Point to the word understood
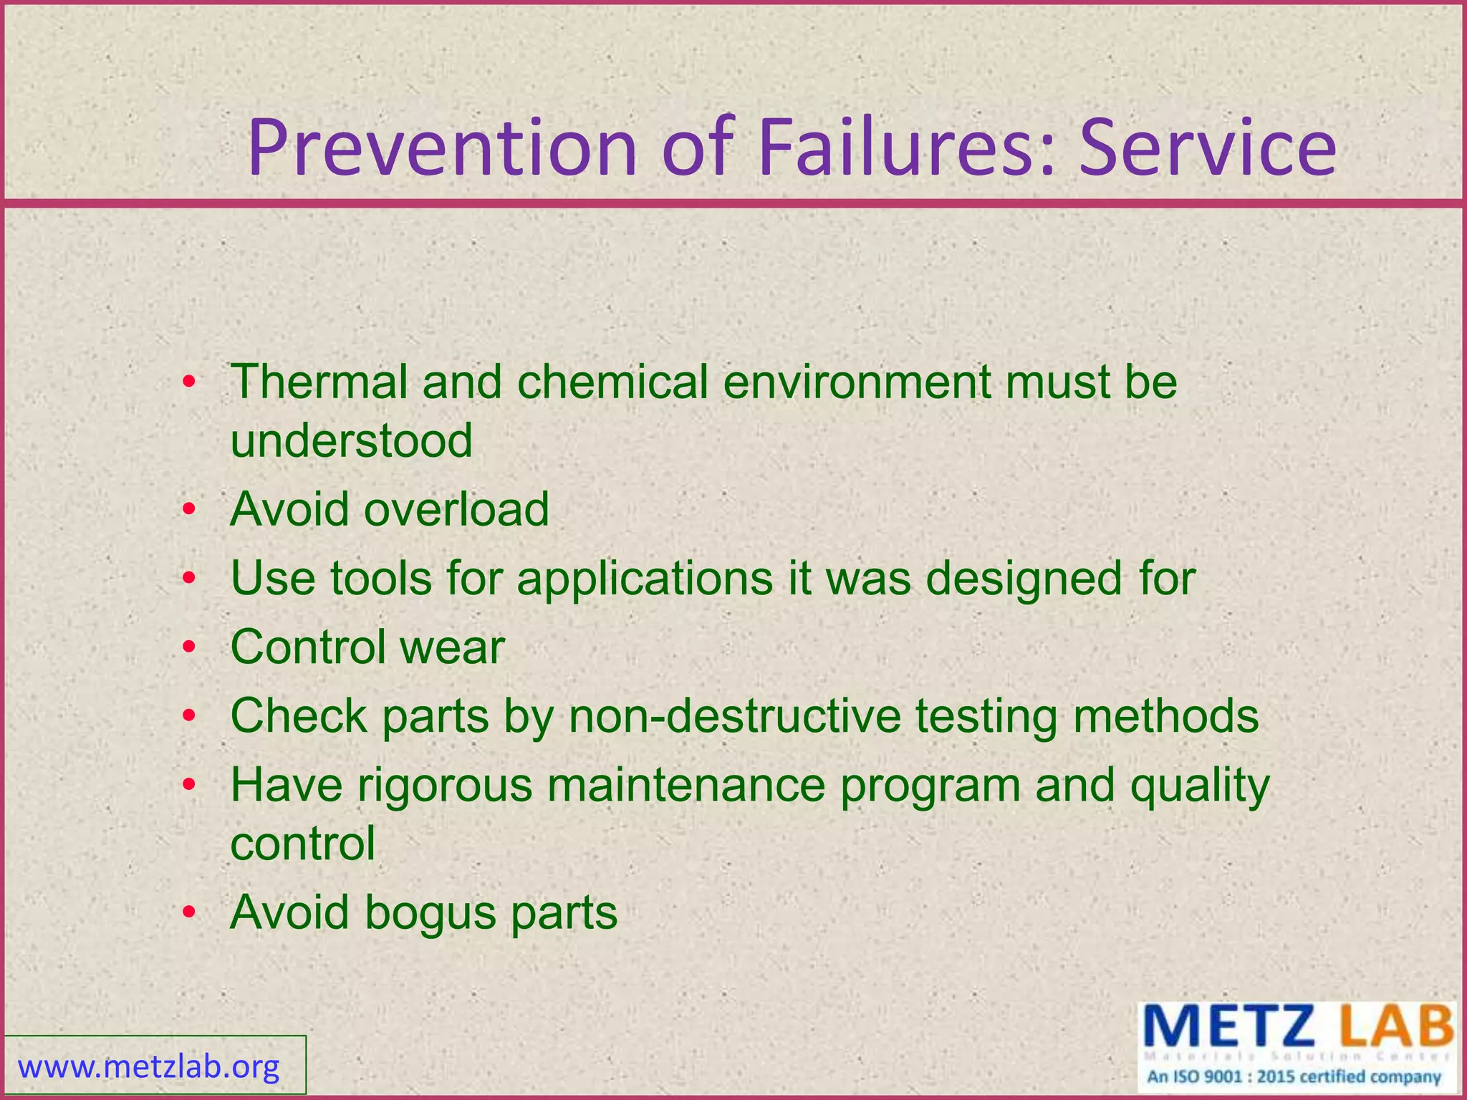(351, 440)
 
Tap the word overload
(456, 509)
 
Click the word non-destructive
(734, 716)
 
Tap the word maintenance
(686, 785)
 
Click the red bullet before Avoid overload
(188, 510)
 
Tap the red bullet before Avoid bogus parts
(188, 912)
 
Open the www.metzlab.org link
(149, 1067)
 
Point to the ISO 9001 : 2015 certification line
(1294, 1077)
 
